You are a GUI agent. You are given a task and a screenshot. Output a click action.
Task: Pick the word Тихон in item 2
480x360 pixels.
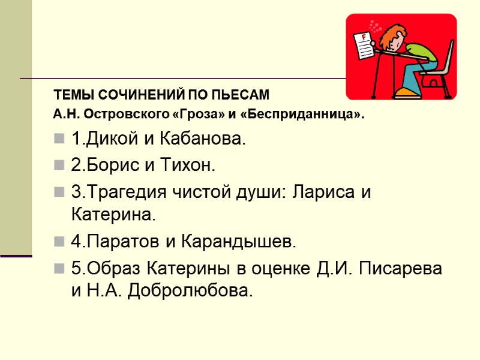[192, 166]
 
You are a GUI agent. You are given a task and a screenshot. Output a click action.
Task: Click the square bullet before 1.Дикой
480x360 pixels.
[59, 140]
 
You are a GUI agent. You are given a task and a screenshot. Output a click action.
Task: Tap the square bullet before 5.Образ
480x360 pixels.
[59, 269]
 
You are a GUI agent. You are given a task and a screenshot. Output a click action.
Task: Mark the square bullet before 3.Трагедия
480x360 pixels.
[59, 193]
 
